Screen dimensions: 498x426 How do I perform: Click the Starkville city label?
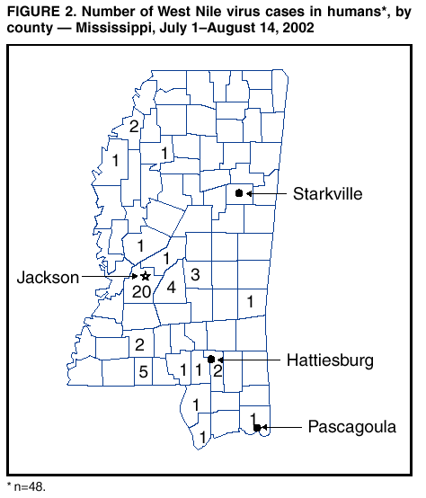(x=327, y=193)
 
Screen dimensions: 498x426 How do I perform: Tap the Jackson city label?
(x=49, y=278)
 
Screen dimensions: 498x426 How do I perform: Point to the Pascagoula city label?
(x=351, y=427)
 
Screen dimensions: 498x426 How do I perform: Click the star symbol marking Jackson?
(x=145, y=277)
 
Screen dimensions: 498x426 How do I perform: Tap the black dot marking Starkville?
(x=238, y=193)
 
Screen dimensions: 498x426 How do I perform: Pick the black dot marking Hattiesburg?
(x=211, y=359)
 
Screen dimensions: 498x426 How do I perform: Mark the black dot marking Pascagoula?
(x=257, y=428)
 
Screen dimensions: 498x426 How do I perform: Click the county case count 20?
(x=141, y=291)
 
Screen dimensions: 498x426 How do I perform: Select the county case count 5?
(x=141, y=369)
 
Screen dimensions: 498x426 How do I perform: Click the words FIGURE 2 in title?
(x=38, y=12)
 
